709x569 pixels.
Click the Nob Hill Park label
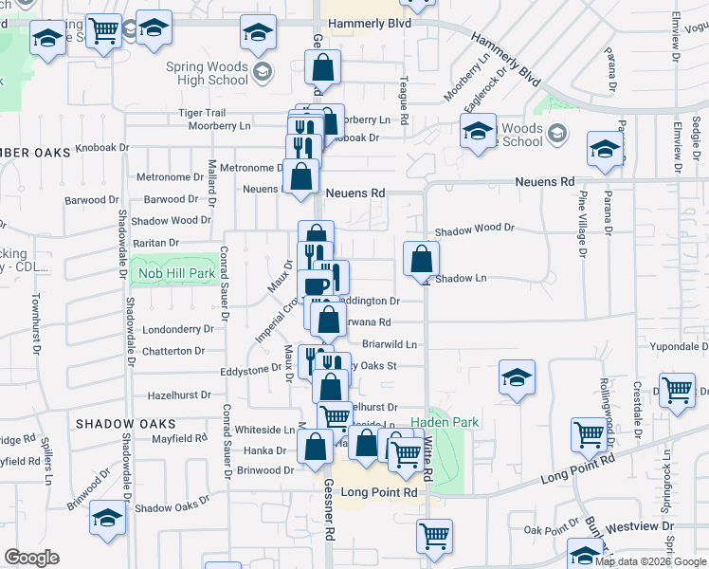175,273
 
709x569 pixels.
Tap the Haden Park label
445,422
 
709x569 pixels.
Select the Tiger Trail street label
201,112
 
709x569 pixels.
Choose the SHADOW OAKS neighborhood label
126,423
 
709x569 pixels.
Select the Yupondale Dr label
677,346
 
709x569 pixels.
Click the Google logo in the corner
31,558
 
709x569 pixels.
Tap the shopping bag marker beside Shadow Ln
421,258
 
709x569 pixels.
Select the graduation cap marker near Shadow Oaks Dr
107,517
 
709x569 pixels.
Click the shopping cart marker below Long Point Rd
434,536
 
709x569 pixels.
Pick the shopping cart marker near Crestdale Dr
677,390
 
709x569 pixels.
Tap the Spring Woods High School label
207,74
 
